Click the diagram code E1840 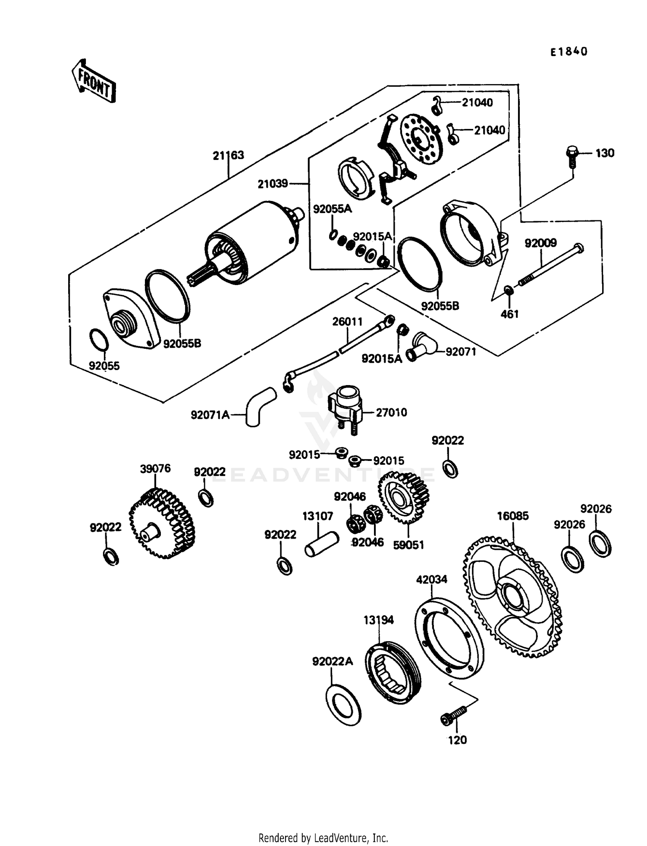(568, 52)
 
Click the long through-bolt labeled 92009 (550, 265)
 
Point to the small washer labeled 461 (509, 291)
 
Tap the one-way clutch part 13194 (392, 672)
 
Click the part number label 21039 (273, 184)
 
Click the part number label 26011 (347, 322)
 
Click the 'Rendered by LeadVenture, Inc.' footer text (323, 838)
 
